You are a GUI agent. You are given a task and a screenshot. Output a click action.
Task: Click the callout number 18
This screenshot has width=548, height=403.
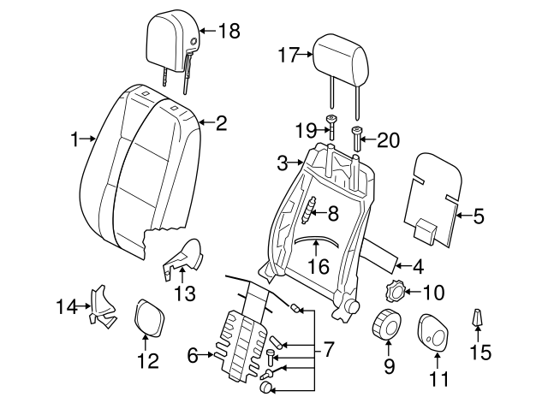click(x=229, y=32)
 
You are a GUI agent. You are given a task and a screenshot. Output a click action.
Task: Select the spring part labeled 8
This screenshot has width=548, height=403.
click(x=311, y=210)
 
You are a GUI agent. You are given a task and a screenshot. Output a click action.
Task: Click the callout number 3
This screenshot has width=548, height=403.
click(x=283, y=162)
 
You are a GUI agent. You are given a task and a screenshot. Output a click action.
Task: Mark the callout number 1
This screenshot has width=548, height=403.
click(x=75, y=137)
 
